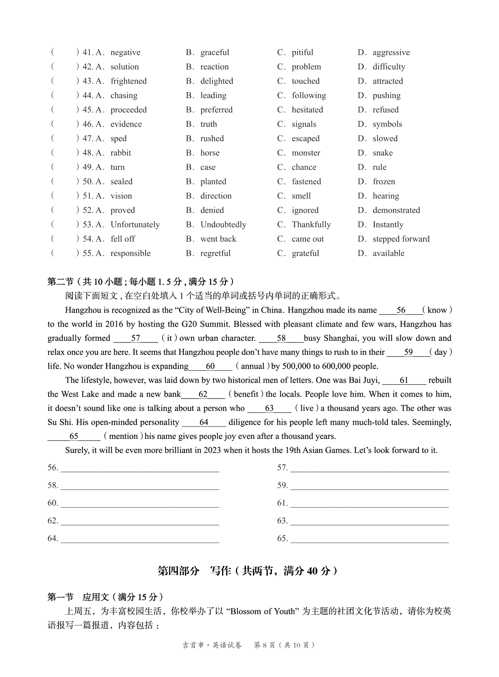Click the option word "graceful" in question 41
point(215,52)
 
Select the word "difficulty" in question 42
point(389,67)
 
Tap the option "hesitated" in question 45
point(307,110)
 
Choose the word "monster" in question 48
point(306,153)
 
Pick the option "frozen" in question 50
point(384,182)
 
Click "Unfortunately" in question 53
point(135,225)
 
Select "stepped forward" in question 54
point(401,239)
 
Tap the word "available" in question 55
point(388,254)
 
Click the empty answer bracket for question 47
point(65,138)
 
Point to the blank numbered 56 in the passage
point(401,310)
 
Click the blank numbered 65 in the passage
point(74,436)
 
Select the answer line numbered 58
point(140,486)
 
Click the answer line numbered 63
point(369,521)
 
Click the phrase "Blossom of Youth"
point(262,611)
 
